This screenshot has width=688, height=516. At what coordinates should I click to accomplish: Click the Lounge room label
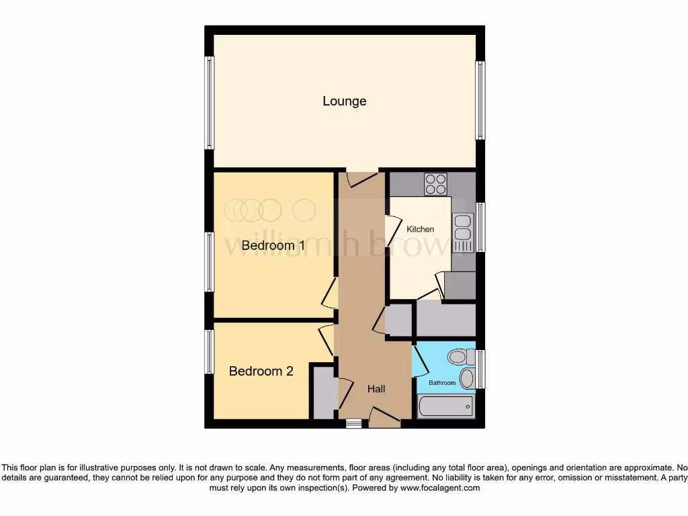coord(344,101)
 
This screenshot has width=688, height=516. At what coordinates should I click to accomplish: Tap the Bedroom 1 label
coord(273,246)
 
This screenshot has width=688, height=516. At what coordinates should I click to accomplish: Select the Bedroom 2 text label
coord(261,371)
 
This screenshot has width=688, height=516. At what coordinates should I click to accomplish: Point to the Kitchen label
coord(421,229)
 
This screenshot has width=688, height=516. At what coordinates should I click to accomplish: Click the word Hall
coord(376,389)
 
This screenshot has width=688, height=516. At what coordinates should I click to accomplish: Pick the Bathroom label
coord(443,383)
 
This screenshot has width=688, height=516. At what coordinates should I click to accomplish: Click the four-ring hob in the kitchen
coord(435,183)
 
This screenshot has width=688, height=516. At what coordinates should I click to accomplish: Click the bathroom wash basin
coord(467,378)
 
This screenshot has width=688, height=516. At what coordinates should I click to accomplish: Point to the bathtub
coord(445,406)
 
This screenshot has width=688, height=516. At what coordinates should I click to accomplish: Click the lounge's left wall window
coord(210,102)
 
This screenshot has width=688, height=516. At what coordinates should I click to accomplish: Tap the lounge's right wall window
coord(480,101)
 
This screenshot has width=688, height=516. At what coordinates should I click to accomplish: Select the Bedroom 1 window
coord(210,261)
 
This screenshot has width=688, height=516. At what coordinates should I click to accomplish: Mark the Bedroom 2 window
coord(210,351)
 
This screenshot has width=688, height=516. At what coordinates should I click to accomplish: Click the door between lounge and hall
coord(362,178)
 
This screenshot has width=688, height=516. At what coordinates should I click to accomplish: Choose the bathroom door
coord(419,361)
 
